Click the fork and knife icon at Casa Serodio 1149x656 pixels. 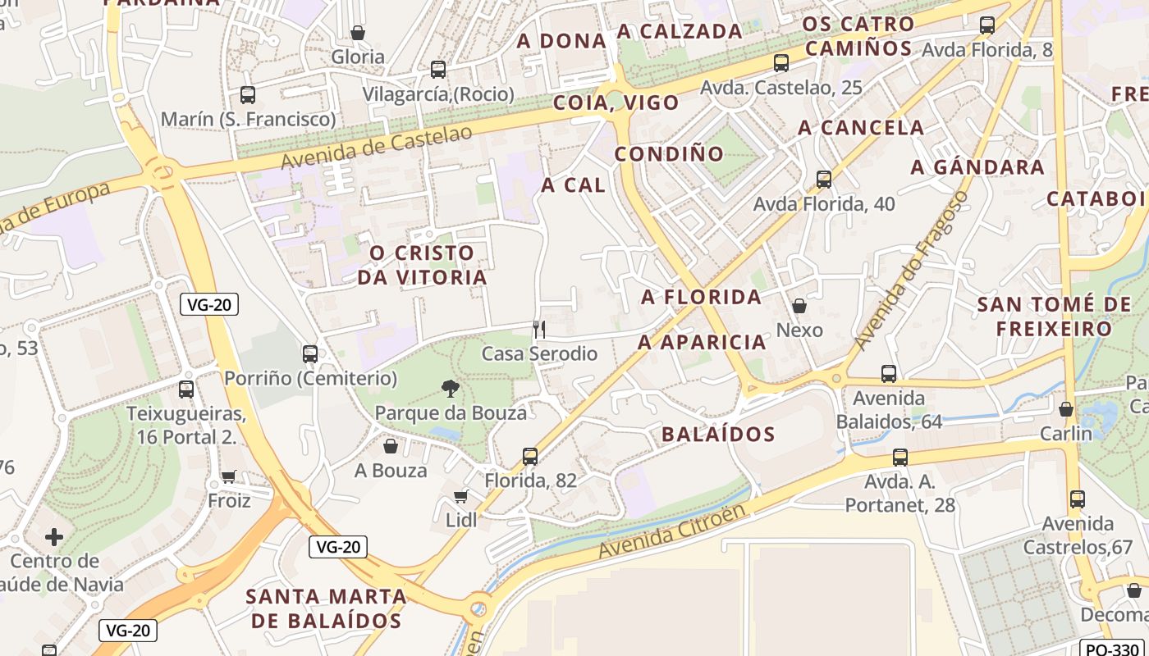[x=539, y=330]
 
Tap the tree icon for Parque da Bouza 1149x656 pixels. [x=450, y=388]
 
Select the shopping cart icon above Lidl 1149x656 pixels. [x=460, y=496]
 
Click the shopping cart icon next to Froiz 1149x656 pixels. [x=229, y=476]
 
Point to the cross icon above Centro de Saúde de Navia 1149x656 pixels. [x=54, y=537]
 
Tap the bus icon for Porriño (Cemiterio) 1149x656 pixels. [x=310, y=354]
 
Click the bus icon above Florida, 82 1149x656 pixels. [x=530, y=457]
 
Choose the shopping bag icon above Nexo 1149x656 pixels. [x=799, y=306]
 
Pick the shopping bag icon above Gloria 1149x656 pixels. [x=358, y=33]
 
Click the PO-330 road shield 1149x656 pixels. [x=1113, y=649]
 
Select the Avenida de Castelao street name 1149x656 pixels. [x=377, y=147]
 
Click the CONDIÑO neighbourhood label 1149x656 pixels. [x=669, y=153]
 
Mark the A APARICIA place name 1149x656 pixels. [x=702, y=342]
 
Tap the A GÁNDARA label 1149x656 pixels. [x=977, y=167]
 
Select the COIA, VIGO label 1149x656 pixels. [x=616, y=102]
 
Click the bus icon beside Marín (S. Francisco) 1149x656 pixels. [x=248, y=95]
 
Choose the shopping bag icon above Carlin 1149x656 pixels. [x=1066, y=409]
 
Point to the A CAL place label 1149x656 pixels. [x=573, y=185]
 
